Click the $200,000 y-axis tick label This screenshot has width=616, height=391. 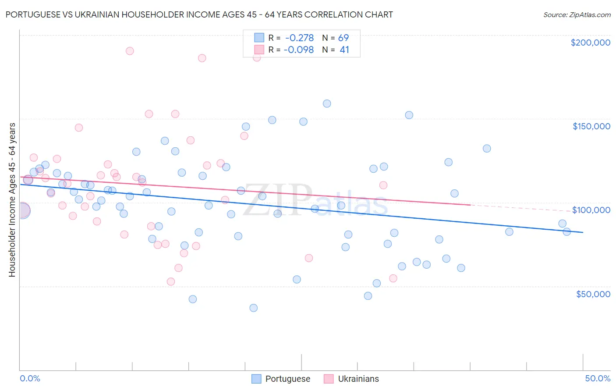(590, 43)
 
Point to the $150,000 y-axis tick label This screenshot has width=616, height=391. (591, 126)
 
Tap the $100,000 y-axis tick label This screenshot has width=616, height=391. (591, 210)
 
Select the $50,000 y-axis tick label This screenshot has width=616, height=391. (593, 294)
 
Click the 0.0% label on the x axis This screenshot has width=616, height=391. (30, 378)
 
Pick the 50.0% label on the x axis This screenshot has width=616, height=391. (598, 378)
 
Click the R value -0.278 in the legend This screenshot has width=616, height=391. (299, 38)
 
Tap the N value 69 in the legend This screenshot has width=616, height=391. (343, 38)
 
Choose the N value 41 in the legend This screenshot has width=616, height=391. (344, 50)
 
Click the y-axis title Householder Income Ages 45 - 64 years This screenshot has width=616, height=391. (12, 200)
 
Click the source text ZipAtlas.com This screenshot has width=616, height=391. (577, 15)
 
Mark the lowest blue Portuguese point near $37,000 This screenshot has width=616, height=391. (253, 308)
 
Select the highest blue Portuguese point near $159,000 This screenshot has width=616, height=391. (327, 104)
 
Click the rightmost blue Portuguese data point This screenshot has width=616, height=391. (566, 232)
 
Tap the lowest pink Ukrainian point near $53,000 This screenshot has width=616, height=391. (171, 281)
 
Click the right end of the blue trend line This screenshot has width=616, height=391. (583, 232)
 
